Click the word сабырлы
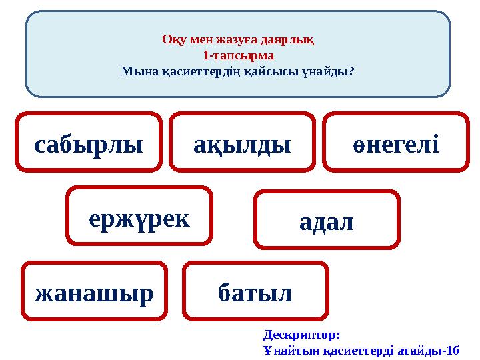coord(89,142)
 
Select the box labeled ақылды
coord(242,142)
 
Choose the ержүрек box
coord(139,217)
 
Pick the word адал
coord(327,221)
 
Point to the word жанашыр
coord(94,291)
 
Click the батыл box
coord(255,291)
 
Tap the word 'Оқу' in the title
coord(173,39)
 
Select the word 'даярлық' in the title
coord(289,39)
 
